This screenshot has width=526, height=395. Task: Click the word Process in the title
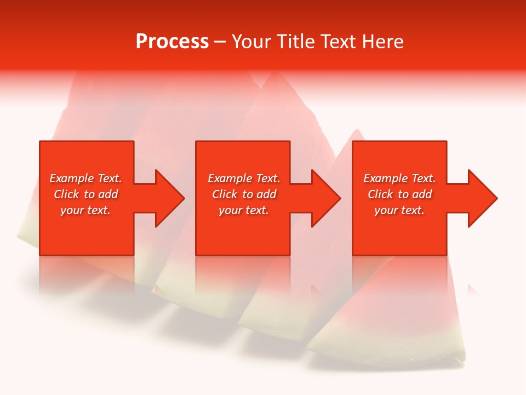pos(172,42)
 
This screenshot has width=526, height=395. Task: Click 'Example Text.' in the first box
pos(85,178)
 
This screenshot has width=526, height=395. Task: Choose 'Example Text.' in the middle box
pos(243,178)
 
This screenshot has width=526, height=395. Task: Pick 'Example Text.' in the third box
pos(399,178)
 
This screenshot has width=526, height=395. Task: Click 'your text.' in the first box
pos(85,210)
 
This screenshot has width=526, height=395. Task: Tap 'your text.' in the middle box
pos(243,210)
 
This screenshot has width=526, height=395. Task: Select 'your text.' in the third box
pos(399,210)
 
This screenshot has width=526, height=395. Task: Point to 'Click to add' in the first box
pos(85,194)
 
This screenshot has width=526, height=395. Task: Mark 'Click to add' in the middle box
pos(243,194)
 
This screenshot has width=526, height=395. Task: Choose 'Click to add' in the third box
pos(399,194)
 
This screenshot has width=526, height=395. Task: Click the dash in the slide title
pos(220,42)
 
